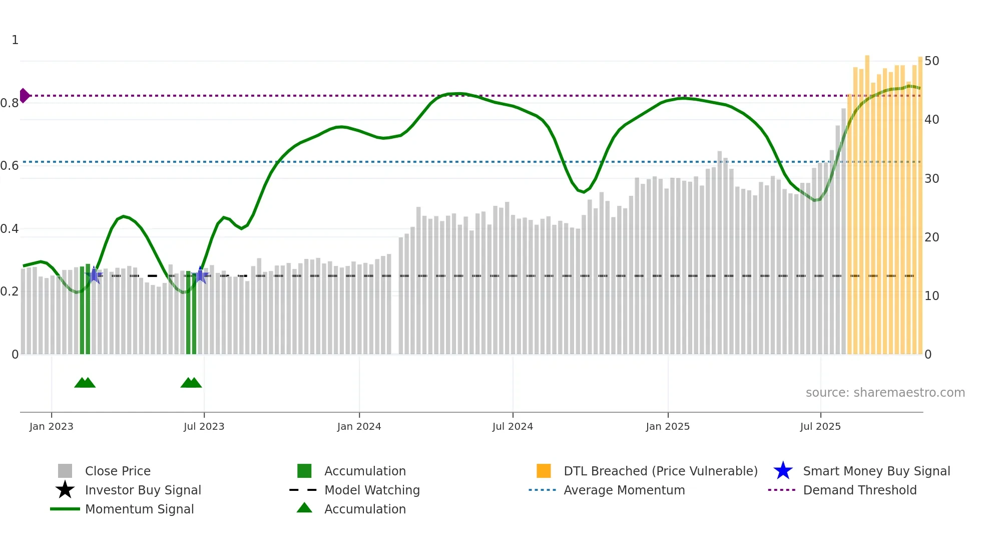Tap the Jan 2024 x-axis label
359,426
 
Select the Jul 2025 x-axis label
820,426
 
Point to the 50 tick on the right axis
931,61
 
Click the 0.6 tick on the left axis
10,166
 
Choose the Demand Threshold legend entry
859,490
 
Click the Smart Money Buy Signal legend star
783,471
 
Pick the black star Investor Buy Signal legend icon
65,490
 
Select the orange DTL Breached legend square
544,471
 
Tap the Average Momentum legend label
624,490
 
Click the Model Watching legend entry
371,490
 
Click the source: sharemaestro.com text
885,393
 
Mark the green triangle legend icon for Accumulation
304,508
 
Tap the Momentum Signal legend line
65,509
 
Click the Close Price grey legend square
65,471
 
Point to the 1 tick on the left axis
15,40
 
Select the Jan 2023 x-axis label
51,426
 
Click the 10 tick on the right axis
931,296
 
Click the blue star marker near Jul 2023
200,275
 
